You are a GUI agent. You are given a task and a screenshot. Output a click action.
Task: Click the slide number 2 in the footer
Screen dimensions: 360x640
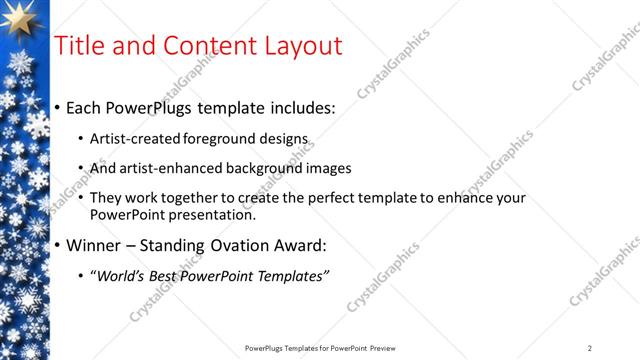point(590,348)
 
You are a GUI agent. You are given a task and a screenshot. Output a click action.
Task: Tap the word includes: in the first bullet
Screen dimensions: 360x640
point(299,107)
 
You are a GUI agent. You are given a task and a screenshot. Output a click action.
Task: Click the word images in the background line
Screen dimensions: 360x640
point(330,168)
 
